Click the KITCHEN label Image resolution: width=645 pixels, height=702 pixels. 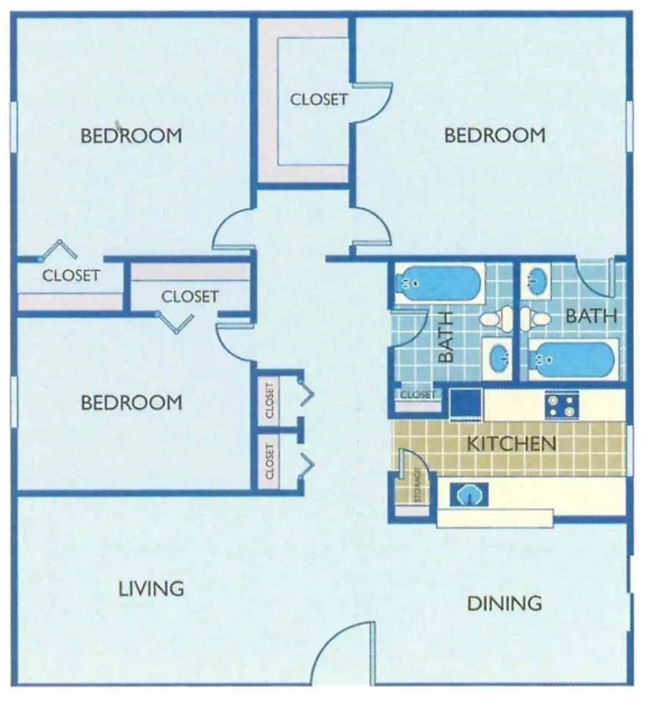[511, 443]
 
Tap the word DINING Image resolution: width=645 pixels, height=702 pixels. [505, 603]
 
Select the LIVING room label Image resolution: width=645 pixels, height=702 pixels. [151, 588]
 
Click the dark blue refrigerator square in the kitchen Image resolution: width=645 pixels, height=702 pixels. [466, 404]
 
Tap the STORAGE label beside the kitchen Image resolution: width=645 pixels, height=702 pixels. [418, 485]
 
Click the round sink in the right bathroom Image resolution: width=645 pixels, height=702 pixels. [536, 281]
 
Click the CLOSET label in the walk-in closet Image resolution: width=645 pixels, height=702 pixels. [319, 99]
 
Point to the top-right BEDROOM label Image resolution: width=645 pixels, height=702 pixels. [495, 136]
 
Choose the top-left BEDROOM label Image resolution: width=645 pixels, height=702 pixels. [131, 136]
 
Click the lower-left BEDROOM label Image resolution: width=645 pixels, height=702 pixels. [131, 402]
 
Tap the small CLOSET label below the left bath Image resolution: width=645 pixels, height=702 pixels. [418, 395]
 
